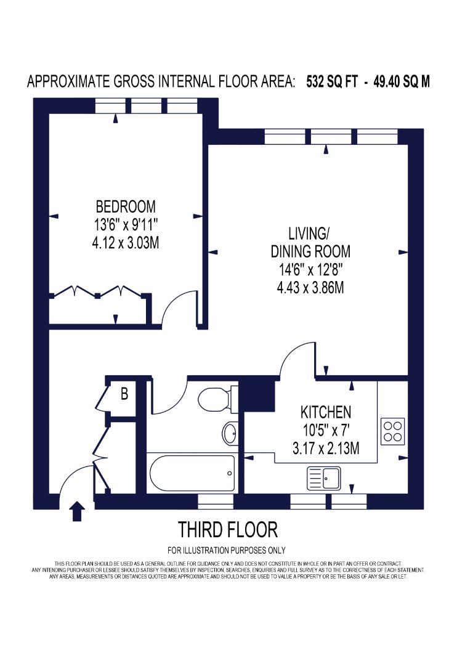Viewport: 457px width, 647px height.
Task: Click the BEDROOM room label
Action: point(126,206)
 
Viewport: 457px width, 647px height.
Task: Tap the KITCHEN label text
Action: point(326,412)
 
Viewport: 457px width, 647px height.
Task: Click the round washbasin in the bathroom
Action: point(230,433)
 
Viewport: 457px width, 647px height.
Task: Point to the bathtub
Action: point(192,473)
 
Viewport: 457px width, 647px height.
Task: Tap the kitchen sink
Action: point(324,478)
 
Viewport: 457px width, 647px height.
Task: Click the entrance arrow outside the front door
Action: point(76,511)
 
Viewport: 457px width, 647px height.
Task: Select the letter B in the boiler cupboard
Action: point(124,394)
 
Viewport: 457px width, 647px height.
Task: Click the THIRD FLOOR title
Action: point(228,530)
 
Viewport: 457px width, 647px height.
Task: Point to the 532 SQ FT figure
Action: point(332,82)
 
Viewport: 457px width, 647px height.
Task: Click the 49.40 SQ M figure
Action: point(402,82)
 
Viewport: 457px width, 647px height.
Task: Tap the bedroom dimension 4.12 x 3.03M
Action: point(126,243)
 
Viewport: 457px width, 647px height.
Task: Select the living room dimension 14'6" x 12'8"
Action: point(310,270)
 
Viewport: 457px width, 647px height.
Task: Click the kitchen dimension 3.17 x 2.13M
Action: point(326,448)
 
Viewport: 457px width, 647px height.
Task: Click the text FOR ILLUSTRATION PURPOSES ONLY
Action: point(227,550)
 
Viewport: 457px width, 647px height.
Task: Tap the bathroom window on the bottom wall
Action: point(216,502)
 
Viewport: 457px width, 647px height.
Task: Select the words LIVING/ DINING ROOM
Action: point(310,243)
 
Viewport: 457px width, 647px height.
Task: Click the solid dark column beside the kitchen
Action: point(257,396)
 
